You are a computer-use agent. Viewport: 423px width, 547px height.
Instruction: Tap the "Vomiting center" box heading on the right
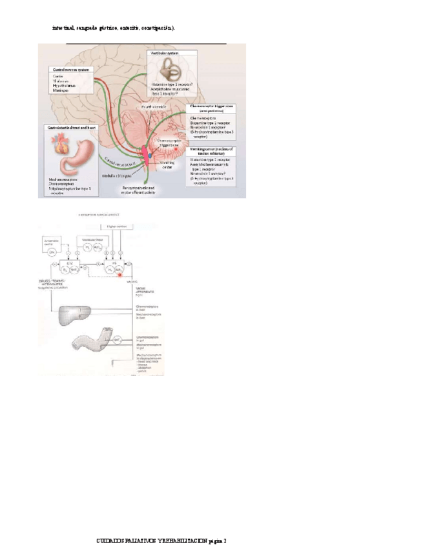tap(211, 151)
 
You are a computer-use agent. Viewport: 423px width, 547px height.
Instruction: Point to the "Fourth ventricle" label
tap(156, 106)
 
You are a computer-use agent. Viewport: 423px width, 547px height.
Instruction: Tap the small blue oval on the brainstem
tap(151, 155)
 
